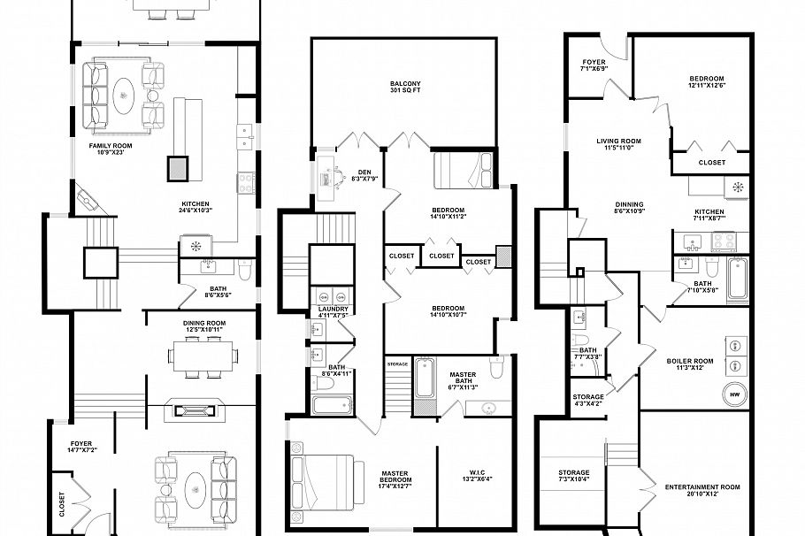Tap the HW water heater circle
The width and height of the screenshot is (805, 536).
point(734,394)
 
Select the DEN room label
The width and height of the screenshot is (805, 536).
point(364,175)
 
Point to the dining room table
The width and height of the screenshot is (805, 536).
point(205,356)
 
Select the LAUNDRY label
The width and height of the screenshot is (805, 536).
point(333,310)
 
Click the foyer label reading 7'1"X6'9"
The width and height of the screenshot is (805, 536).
point(593,64)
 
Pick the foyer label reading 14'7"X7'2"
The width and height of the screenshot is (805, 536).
point(81,448)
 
